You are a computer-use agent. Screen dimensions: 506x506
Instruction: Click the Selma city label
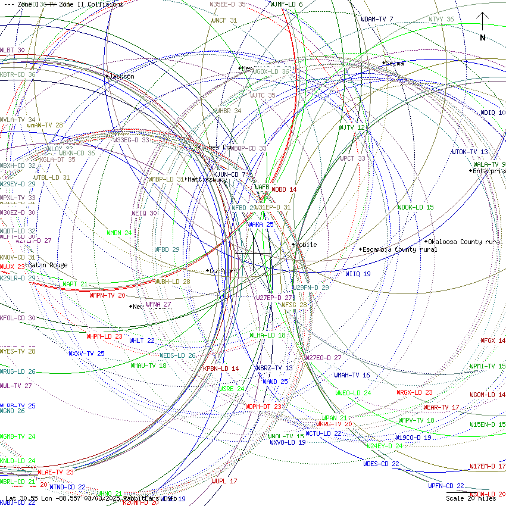coord(395,63)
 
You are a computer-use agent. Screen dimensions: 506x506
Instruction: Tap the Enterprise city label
coord(489,171)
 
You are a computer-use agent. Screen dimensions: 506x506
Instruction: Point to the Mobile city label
coord(307,245)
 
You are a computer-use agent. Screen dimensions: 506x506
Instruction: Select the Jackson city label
coord(122,76)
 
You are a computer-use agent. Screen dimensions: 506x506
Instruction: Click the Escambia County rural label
coord(399,249)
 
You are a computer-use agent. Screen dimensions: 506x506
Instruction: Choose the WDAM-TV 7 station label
coord(377,19)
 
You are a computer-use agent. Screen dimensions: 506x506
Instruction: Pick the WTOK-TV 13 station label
coord(469,152)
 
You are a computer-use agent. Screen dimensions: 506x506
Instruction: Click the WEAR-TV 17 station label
coord(441,407)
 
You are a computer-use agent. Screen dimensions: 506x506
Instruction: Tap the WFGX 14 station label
coord(493,341)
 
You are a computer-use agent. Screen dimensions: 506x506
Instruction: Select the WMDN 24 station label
coord(119,233)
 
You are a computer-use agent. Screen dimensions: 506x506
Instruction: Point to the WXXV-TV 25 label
coord(86,354)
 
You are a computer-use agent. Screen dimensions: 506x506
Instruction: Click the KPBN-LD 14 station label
coord(221,368)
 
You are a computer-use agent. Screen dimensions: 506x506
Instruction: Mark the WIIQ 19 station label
coord(358,274)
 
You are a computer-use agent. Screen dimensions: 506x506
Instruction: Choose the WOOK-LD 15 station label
coord(416,207)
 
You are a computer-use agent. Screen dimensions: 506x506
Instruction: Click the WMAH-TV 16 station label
coord(352,375)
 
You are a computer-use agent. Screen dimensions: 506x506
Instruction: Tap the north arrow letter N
coord(483,38)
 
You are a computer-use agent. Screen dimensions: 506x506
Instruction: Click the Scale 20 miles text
coord(471,499)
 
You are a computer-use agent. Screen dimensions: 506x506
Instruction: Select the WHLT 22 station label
coord(142,341)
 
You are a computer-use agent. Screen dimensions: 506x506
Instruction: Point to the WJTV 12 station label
coord(351,127)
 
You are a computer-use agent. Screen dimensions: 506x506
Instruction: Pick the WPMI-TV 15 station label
coord(488,366)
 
